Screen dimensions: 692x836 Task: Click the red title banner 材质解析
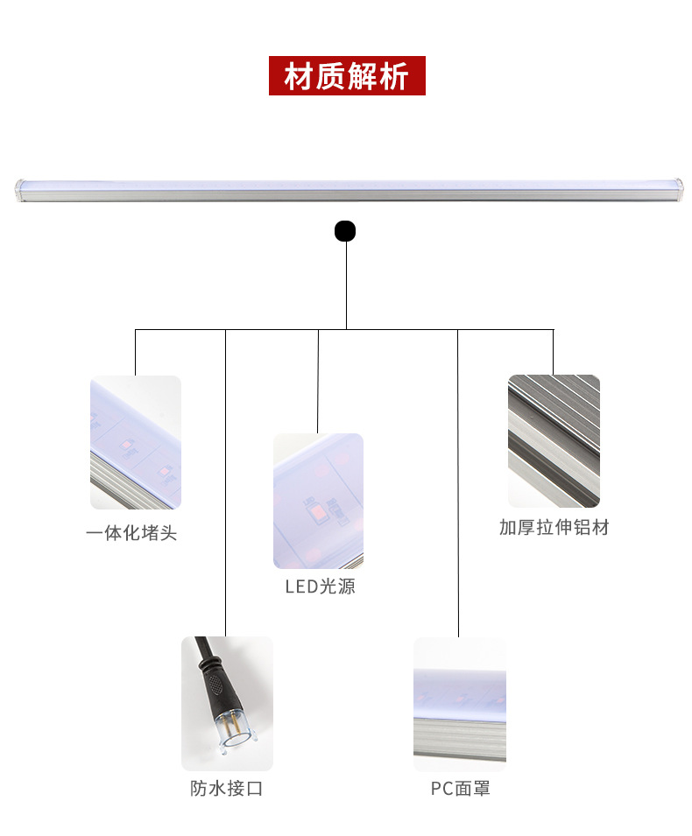346,76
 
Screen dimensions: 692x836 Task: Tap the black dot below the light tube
345,232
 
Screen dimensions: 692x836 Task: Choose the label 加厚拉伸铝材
554,527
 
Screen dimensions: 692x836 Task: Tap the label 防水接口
227,789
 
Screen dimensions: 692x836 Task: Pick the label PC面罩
460,789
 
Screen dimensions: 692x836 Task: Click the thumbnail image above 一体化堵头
136,442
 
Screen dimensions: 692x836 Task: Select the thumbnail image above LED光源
318,501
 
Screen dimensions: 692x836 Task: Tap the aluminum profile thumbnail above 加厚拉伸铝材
554,441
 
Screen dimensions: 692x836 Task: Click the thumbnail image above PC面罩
460,704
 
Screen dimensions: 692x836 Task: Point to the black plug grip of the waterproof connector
215,684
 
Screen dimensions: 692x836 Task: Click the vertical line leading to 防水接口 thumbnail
226,481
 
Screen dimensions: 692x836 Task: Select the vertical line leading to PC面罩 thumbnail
457,481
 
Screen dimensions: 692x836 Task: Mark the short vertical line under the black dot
346,285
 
